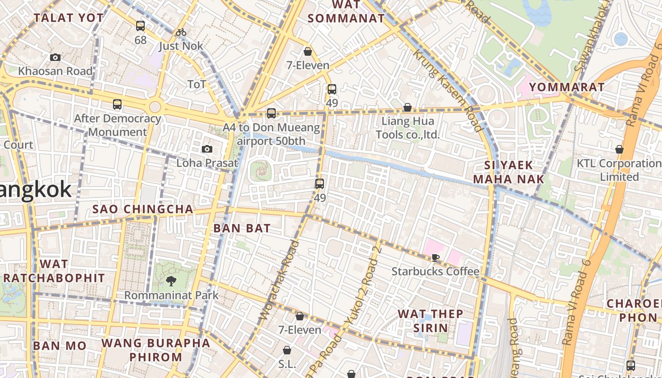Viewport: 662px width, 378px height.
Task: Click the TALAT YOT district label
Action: (69, 18)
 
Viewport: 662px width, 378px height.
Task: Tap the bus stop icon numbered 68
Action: (140, 26)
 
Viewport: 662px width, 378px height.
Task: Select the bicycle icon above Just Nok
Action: (181, 32)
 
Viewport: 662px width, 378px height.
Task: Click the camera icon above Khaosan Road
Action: (55, 57)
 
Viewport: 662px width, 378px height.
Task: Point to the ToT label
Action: (197, 84)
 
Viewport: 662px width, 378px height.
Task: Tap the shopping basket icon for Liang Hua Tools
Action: (407, 107)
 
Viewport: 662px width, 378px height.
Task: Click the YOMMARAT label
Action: (566, 87)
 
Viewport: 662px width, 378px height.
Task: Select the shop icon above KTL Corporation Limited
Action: (619, 149)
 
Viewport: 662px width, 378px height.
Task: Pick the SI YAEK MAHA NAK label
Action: (509, 172)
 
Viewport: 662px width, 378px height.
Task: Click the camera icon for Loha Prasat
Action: (207, 149)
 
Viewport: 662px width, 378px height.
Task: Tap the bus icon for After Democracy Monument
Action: (117, 104)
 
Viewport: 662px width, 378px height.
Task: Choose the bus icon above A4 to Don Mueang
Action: (271, 113)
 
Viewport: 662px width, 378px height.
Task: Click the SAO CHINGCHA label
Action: (143, 209)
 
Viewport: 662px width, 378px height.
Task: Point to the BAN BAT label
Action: (242, 228)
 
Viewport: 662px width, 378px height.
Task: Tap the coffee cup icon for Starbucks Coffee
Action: (435, 258)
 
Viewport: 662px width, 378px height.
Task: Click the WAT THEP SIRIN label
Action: (430, 321)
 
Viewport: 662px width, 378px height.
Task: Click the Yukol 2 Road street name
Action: (364, 285)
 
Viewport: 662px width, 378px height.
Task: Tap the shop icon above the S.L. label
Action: (287, 350)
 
